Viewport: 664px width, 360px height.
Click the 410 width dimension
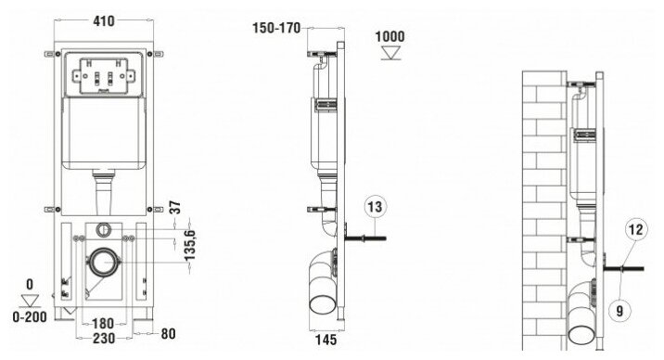104,20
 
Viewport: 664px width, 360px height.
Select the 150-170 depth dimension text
276,29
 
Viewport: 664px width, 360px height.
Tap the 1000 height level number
390,37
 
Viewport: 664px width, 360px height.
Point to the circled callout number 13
376,207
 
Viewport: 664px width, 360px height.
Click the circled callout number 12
635,229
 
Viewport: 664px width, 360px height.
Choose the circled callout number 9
619,312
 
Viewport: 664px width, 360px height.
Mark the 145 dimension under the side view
326,340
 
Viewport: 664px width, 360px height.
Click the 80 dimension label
168,334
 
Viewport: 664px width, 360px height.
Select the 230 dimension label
104,339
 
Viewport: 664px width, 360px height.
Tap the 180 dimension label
103,324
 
